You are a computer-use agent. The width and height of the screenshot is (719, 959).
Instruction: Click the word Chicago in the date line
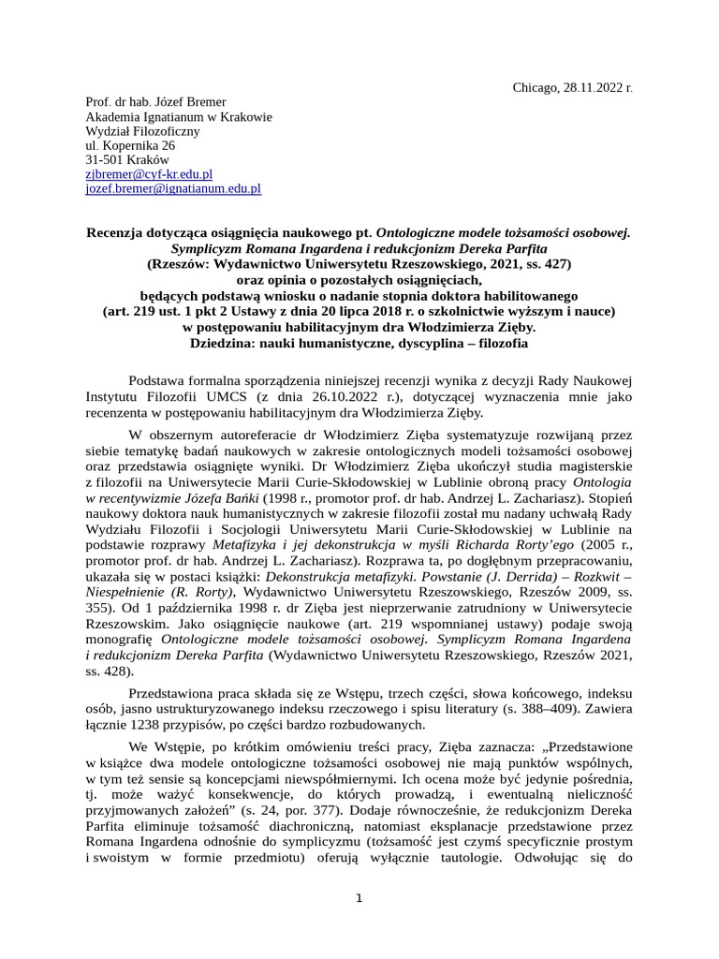[x=535, y=87]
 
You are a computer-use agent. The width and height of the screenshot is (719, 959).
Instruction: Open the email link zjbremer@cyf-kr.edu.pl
[x=149, y=173]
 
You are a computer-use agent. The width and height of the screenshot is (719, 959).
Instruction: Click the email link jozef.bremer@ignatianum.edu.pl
[x=173, y=188]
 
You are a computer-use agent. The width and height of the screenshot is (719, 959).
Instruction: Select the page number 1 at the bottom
[x=359, y=900]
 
